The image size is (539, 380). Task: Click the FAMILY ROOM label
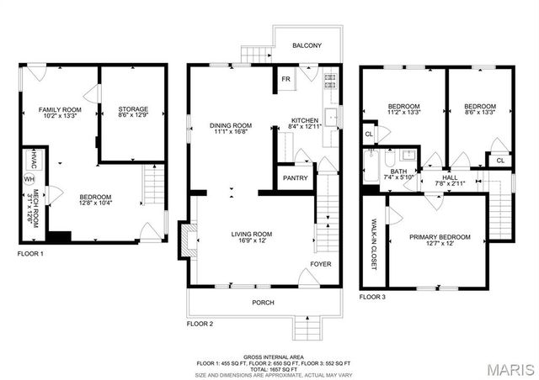tap(59, 110)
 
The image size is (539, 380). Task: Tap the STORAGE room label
tap(133, 109)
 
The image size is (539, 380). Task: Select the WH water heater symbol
tap(29, 179)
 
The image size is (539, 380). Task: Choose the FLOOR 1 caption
tap(30, 253)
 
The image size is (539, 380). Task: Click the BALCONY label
tap(307, 45)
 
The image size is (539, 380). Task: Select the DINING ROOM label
tap(231, 125)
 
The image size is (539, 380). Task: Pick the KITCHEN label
tap(304, 120)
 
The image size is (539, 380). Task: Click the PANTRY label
tap(295, 178)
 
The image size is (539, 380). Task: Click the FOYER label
tap(320, 264)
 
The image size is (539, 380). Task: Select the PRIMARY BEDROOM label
tap(440, 237)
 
